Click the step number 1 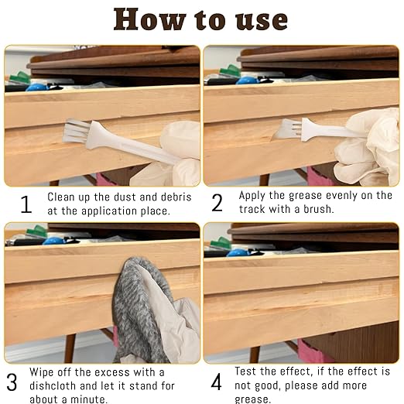click(26, 204)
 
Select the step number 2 click(217, 204)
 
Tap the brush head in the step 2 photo click(288, 130)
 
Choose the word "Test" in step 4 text click(252, 371)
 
